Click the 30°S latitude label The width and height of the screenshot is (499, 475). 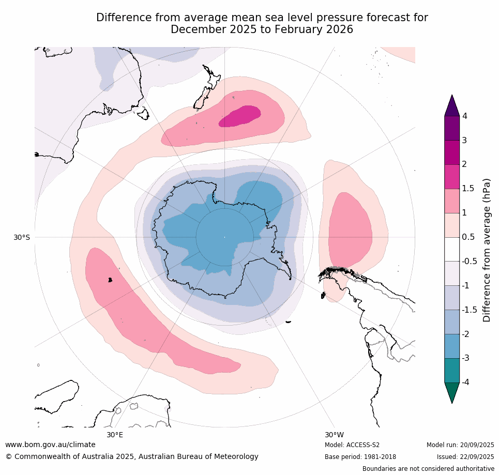tap(22, 237)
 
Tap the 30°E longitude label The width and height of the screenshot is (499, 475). tap(115, 435)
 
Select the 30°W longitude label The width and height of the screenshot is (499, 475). tap(334, 435)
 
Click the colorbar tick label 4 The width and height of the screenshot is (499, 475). tap(464, 116)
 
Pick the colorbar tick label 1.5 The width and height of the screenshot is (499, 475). tap(468, 189)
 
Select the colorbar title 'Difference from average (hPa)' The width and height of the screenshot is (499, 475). tap(487, 251)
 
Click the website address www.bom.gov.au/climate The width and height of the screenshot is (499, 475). tap(50, 445)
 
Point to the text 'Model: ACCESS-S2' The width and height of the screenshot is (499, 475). tap(352, 445)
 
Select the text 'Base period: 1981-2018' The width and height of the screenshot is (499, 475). tap(360, 457)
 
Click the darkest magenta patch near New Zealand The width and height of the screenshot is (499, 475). tap(240, 116)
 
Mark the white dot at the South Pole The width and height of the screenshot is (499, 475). tap(224, 237)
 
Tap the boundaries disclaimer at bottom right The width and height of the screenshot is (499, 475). tap(428, 469)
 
